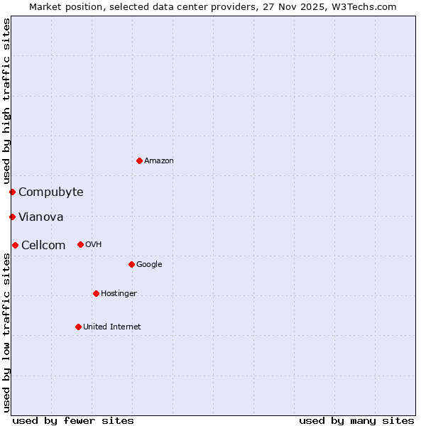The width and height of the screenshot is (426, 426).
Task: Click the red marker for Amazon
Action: pos(139,160)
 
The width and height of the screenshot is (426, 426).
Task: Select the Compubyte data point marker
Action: pos(12,192)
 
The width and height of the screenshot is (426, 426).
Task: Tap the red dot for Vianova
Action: pos(12,217)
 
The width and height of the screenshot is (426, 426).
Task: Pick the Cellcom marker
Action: pos(15,245)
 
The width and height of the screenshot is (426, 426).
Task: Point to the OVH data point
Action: pos(80,244)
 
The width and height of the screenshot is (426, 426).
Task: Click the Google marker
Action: pos(131,264)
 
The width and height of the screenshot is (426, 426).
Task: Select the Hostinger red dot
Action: pos(96,293)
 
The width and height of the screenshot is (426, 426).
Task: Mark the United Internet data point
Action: pos(78,327)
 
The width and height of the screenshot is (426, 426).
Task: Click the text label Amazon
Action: pos(159,161)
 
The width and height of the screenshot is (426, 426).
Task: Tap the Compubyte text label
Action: pos(51,192)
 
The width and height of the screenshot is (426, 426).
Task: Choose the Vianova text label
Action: pos(41,217)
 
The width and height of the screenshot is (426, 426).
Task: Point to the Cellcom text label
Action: pos(43,245)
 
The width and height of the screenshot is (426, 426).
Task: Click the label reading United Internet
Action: pos(112,327)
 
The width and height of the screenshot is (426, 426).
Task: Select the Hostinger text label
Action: pos(119,293)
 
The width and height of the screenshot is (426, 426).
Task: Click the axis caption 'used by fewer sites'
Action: pos(73,420)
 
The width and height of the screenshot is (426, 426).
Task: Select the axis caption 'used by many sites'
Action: pos(356,420)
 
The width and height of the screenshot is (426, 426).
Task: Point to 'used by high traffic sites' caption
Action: pos(6,101)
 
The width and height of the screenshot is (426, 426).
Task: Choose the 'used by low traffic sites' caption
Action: pos(6,332)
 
